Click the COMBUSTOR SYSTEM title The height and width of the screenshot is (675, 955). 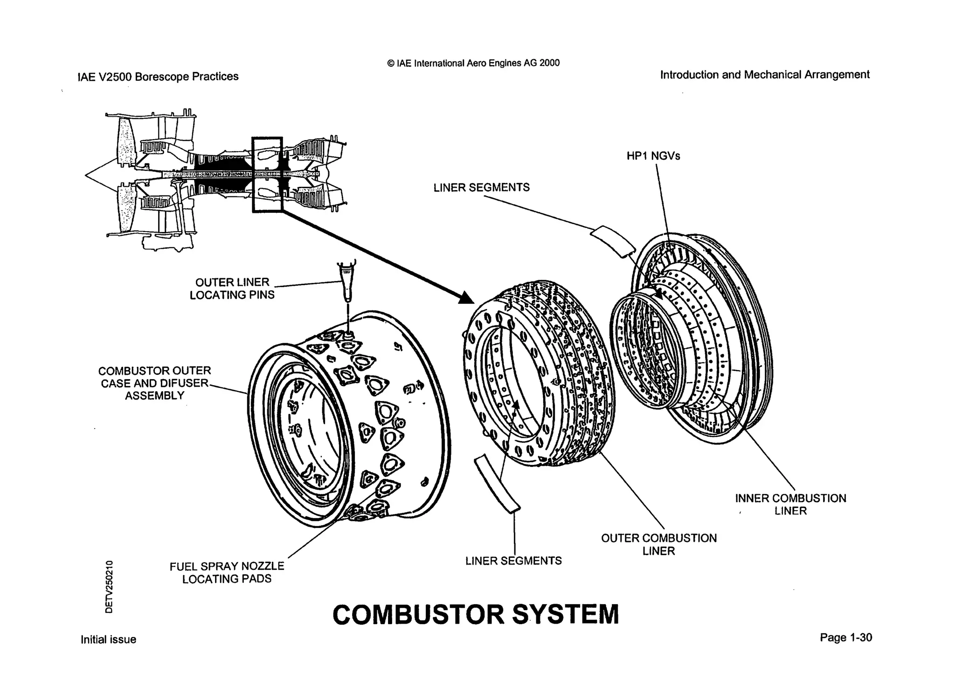point(476,614)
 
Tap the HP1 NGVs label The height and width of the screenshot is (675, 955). point(653,156)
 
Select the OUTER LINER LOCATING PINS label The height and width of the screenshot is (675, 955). point(232,288)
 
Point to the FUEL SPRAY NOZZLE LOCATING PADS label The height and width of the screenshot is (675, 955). point(227,572)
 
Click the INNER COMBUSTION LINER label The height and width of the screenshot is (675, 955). point(790,504)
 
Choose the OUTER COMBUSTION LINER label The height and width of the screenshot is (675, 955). point(658,544)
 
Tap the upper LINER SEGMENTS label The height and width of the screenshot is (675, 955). point(481,188)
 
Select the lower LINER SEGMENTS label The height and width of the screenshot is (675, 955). point(513,561)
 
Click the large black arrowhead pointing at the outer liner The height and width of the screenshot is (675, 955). point(467,297)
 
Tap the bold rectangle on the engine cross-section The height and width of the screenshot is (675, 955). point(267,175)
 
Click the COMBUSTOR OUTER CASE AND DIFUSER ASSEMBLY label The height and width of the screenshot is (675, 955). point(154,383)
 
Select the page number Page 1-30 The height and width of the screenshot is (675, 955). point(845,638)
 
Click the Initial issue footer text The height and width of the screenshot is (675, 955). point(108,640)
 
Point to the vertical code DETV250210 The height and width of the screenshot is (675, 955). point(109,586)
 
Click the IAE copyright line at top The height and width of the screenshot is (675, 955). point(473,63)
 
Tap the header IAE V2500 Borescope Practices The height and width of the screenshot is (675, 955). point(158,77)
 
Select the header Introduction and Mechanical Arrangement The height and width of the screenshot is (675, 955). point(765,75)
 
